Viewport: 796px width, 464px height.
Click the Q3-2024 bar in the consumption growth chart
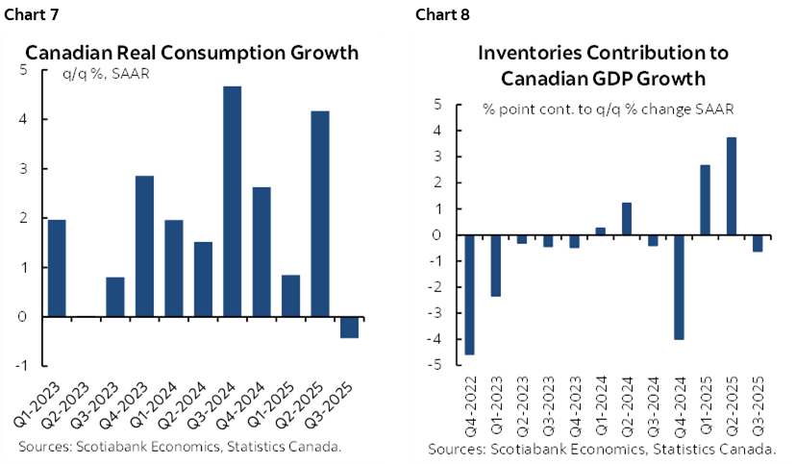[232, 201]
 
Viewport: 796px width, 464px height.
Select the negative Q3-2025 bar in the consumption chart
[349, 327]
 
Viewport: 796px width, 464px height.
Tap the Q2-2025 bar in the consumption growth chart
[319, 213]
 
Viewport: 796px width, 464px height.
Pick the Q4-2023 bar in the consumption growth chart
[144, 246]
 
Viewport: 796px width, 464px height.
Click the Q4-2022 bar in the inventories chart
[468, 294]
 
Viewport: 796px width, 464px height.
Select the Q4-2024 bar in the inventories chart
[679, 286]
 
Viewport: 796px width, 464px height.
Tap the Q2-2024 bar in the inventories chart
[626, 219]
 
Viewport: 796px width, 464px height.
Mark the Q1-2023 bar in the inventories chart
[495, 265]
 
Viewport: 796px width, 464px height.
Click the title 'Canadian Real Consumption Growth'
[192, 53]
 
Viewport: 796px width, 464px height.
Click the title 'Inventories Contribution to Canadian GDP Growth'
[605, 65]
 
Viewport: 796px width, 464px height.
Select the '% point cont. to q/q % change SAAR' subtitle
[609, 109]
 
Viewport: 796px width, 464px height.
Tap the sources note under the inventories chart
[603, 449]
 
